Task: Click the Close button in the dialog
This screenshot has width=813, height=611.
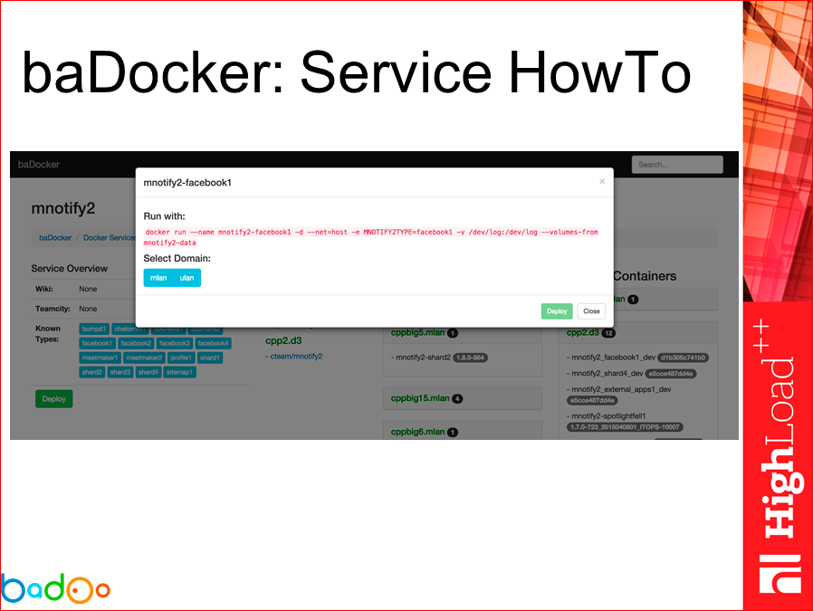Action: coord(591,311)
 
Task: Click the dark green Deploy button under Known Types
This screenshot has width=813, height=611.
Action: coord(53,398)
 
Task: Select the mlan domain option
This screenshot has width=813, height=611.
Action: coord(158,278)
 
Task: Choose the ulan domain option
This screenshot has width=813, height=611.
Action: coord(187,278)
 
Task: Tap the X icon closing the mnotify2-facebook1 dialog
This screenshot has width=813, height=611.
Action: coord(602,182)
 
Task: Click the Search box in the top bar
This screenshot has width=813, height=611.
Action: coord(677,165)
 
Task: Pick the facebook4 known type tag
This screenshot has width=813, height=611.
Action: coord(214,344)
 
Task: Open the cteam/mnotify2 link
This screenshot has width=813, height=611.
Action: coord(297,356)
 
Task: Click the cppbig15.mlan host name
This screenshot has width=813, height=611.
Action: coord(420,398)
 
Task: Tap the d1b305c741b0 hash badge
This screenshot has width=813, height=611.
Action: coord(683,358)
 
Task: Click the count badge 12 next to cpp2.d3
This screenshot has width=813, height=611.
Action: coord(608,333)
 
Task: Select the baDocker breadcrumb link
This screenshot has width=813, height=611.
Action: coord(55,238)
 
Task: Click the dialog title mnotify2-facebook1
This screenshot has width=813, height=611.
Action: coord(187,183)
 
